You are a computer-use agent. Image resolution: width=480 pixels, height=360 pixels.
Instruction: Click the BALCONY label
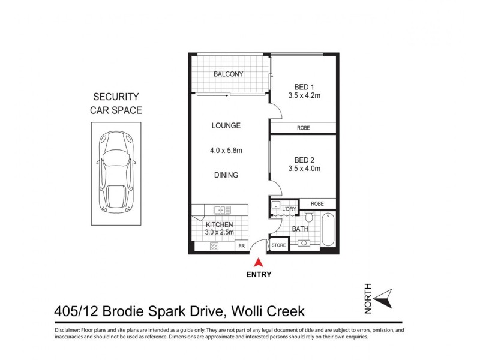coord(229,74)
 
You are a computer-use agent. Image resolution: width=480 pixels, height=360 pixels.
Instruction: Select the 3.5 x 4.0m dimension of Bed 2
coord(304,169)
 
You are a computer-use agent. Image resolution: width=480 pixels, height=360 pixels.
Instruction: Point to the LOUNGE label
coord(226,125)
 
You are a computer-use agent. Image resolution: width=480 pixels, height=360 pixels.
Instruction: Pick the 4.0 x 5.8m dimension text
coord(226,151)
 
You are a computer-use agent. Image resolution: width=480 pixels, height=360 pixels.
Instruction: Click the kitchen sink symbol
coord(222,210)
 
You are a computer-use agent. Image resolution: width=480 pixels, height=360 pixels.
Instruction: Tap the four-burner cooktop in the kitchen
coord(214,246)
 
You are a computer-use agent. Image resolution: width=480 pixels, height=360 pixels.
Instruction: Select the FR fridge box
coord(241,246)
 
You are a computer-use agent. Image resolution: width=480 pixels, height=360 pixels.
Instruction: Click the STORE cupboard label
coord(279,245)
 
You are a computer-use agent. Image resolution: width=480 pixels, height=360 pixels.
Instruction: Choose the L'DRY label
coord(290,209)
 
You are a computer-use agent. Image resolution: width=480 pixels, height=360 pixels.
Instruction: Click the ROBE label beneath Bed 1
coord(304,128)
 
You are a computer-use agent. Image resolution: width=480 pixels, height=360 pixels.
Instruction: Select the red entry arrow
coord(259,262)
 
